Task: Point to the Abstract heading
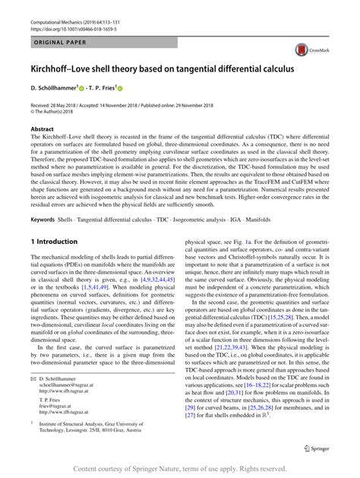[x=43, y=130]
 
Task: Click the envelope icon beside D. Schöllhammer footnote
[x=34, y=377]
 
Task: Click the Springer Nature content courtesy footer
[x=180, y=469]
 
